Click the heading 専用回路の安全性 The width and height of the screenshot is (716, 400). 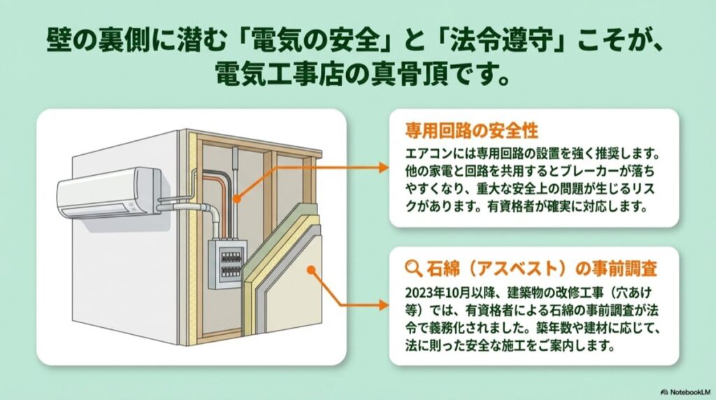471,132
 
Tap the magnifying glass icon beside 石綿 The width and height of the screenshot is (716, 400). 414,267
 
